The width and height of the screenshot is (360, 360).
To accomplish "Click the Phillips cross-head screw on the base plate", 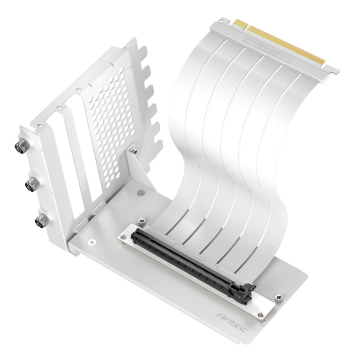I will point(92,241).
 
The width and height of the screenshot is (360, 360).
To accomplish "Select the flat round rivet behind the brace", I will point(141,192).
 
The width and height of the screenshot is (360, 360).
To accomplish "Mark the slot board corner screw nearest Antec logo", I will point(260,315).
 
